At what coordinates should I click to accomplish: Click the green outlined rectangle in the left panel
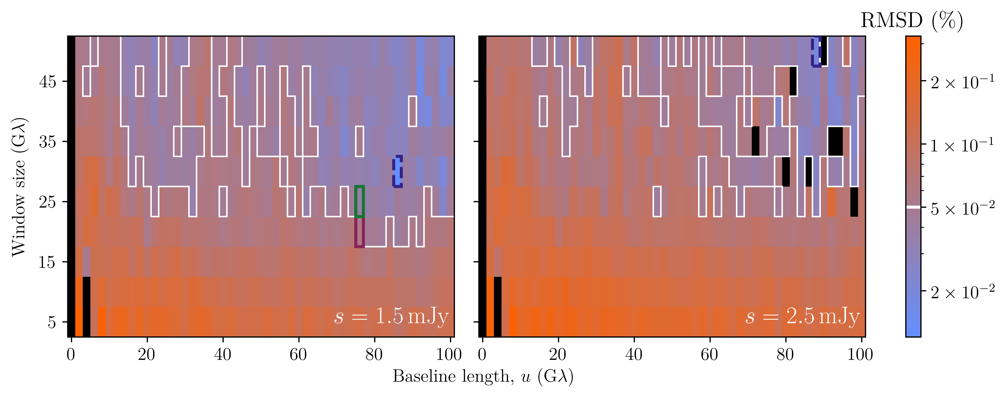pyautogui.click(x=359, y=202)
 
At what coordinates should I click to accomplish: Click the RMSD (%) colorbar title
pyautogui.click(x=912, y=20)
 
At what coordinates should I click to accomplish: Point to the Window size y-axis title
pyautogui.click(x=19, y=187)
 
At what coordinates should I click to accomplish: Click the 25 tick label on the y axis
pyautogui.click(x=48, y=202)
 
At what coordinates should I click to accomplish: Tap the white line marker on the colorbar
pyautogui.click(x=913, y=207)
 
